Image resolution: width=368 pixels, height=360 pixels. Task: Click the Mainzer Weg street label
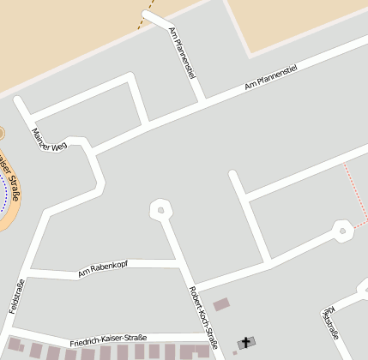coord(48,140)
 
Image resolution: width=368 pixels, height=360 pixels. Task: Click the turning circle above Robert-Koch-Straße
coord(160,208)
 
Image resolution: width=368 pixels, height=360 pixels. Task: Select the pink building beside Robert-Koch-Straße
coord(221,303)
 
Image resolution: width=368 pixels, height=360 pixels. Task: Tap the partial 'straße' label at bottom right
coord(331,322)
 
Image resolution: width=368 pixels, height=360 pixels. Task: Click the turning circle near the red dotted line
coord(342,230)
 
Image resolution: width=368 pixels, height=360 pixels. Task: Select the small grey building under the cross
coord(245,344)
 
